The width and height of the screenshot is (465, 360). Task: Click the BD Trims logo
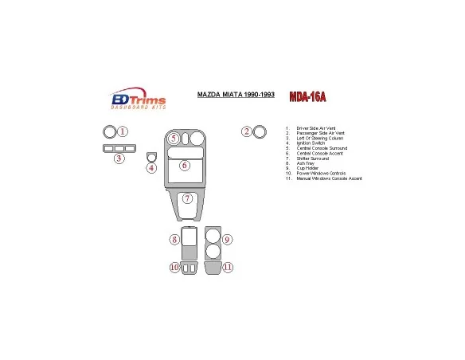138,101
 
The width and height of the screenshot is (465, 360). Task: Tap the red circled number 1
123,131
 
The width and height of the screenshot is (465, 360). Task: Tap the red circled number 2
247,131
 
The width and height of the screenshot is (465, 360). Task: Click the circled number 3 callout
119,158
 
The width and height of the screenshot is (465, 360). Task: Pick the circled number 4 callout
151,167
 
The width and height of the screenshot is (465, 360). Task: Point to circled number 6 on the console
184,166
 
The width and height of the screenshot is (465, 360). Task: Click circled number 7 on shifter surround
187,198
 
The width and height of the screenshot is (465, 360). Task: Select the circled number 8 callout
174,240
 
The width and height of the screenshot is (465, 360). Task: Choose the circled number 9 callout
227,240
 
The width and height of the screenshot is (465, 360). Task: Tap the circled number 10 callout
174,268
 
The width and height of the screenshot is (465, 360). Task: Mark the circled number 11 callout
228,268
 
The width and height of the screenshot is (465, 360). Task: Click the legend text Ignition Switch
311,143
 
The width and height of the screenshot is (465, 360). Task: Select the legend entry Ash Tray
305,163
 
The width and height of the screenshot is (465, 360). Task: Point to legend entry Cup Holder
307,168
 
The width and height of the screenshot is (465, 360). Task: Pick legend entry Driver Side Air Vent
315,127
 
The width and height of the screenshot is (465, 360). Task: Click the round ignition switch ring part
150,156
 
